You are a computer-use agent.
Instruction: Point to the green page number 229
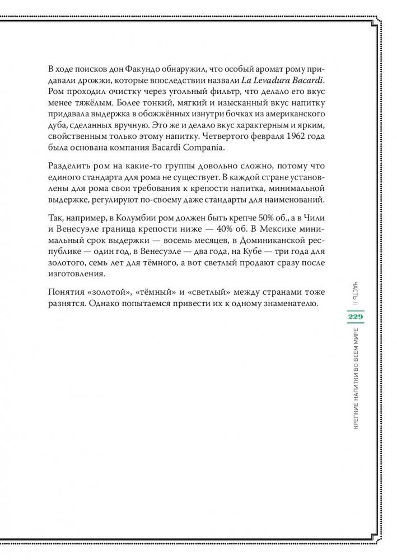[x=356, y=318]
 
